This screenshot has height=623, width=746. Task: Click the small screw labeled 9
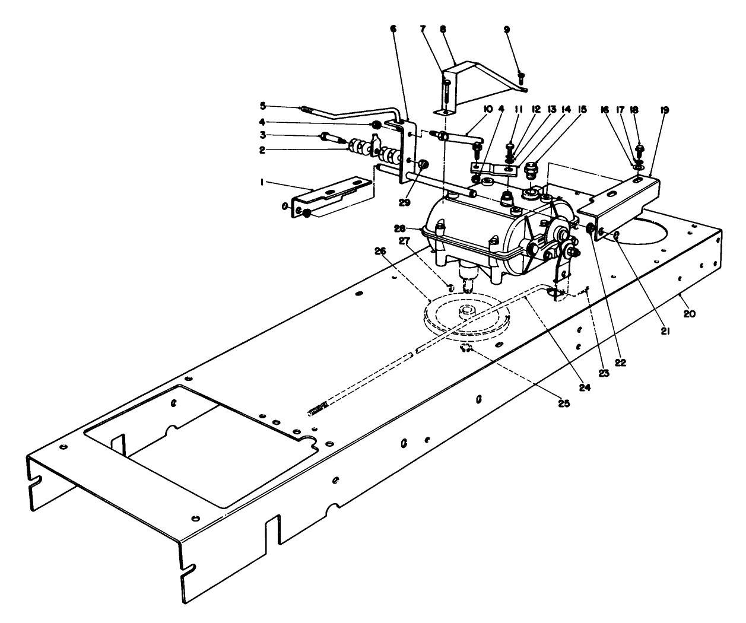(x=521, y=75)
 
